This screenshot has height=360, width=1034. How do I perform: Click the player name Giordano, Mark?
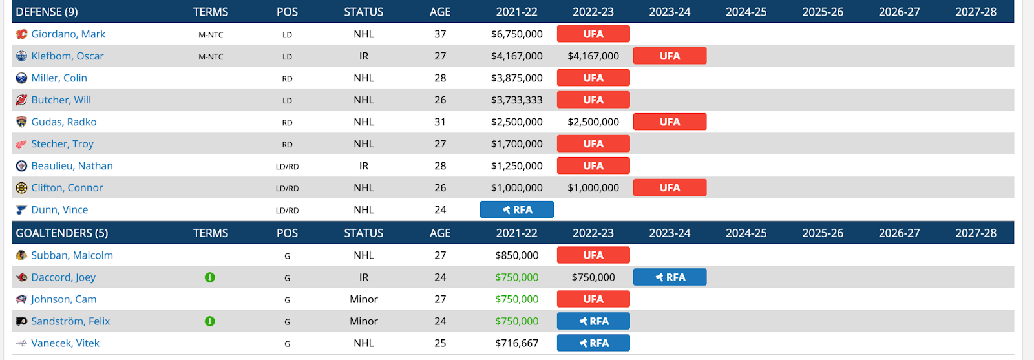[x=68, y=34]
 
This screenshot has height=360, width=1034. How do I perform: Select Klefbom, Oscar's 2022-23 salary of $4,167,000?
[x=593, y=56]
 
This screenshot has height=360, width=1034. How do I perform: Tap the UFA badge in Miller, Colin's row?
[x=593, y=78]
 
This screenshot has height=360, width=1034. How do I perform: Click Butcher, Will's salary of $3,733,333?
[x=516, y=100]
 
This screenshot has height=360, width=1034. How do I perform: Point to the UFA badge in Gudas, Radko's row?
[x=670, y=122]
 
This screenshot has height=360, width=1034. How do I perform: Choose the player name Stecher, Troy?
[x=62, y=144]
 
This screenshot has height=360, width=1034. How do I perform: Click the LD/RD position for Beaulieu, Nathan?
[x=287, y=167]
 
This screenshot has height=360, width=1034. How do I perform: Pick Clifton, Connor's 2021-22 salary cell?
[x=516, y=188]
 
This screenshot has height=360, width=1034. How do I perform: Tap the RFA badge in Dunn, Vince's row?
[x=516, y=210]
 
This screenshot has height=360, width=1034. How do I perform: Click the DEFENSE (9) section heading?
[x=47, y=12]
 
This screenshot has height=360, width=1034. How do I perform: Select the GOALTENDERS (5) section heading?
[x=61, y=233]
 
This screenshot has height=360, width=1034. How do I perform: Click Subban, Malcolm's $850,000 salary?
[x=516, y=255]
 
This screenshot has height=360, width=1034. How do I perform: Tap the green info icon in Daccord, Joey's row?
[x=210, y=277]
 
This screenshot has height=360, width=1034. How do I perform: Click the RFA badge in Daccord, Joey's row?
[x=670, y=277]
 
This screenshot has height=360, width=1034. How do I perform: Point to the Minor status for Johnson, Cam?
[x=364, y=299]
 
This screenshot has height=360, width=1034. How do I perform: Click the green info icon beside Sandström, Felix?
[x=210, y=321]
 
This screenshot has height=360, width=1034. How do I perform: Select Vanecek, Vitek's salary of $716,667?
[x=516, y=343]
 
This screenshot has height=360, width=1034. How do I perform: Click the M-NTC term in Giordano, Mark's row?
[x=211, y=35]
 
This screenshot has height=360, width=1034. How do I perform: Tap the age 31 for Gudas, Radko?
[x=440, y=122]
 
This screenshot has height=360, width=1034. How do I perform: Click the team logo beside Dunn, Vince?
[x=21, y=210]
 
